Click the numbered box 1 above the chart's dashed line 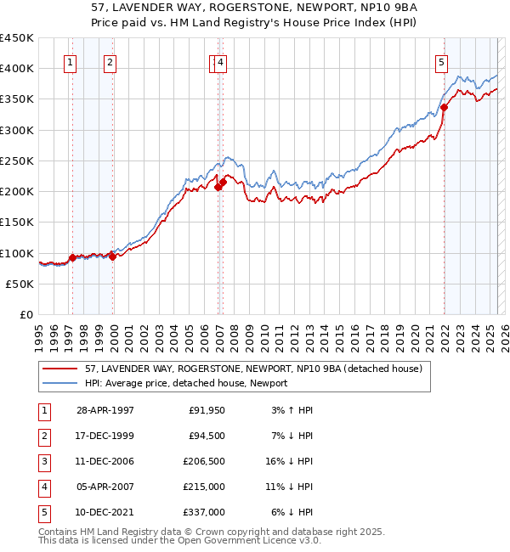(70, 61)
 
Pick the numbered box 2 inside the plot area (111, 61)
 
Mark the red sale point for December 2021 (444, 107)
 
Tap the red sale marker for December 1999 (112, 256)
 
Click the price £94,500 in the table (207, 436)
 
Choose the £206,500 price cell (204, 461)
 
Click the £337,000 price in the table (204, 512)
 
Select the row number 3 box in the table (43, 461)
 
